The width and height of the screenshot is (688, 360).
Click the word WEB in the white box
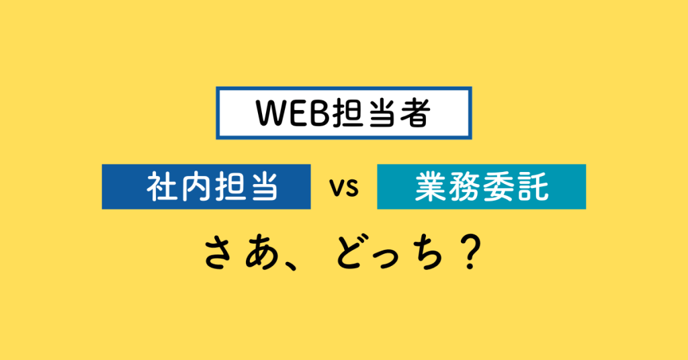[x=292, y=113]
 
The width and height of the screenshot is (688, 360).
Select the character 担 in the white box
[x=347, y=113]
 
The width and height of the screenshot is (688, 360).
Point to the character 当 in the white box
[x=381, y=113]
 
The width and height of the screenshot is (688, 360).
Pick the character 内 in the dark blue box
[x=196, y=187]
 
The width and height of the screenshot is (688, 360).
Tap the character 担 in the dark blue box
[x=230, y=187]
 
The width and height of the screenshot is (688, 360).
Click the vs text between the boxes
[x=345, y=188]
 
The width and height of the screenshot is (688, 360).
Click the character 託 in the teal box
[x=533, y=187]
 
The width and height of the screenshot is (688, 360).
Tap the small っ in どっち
[x=392, y=258]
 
